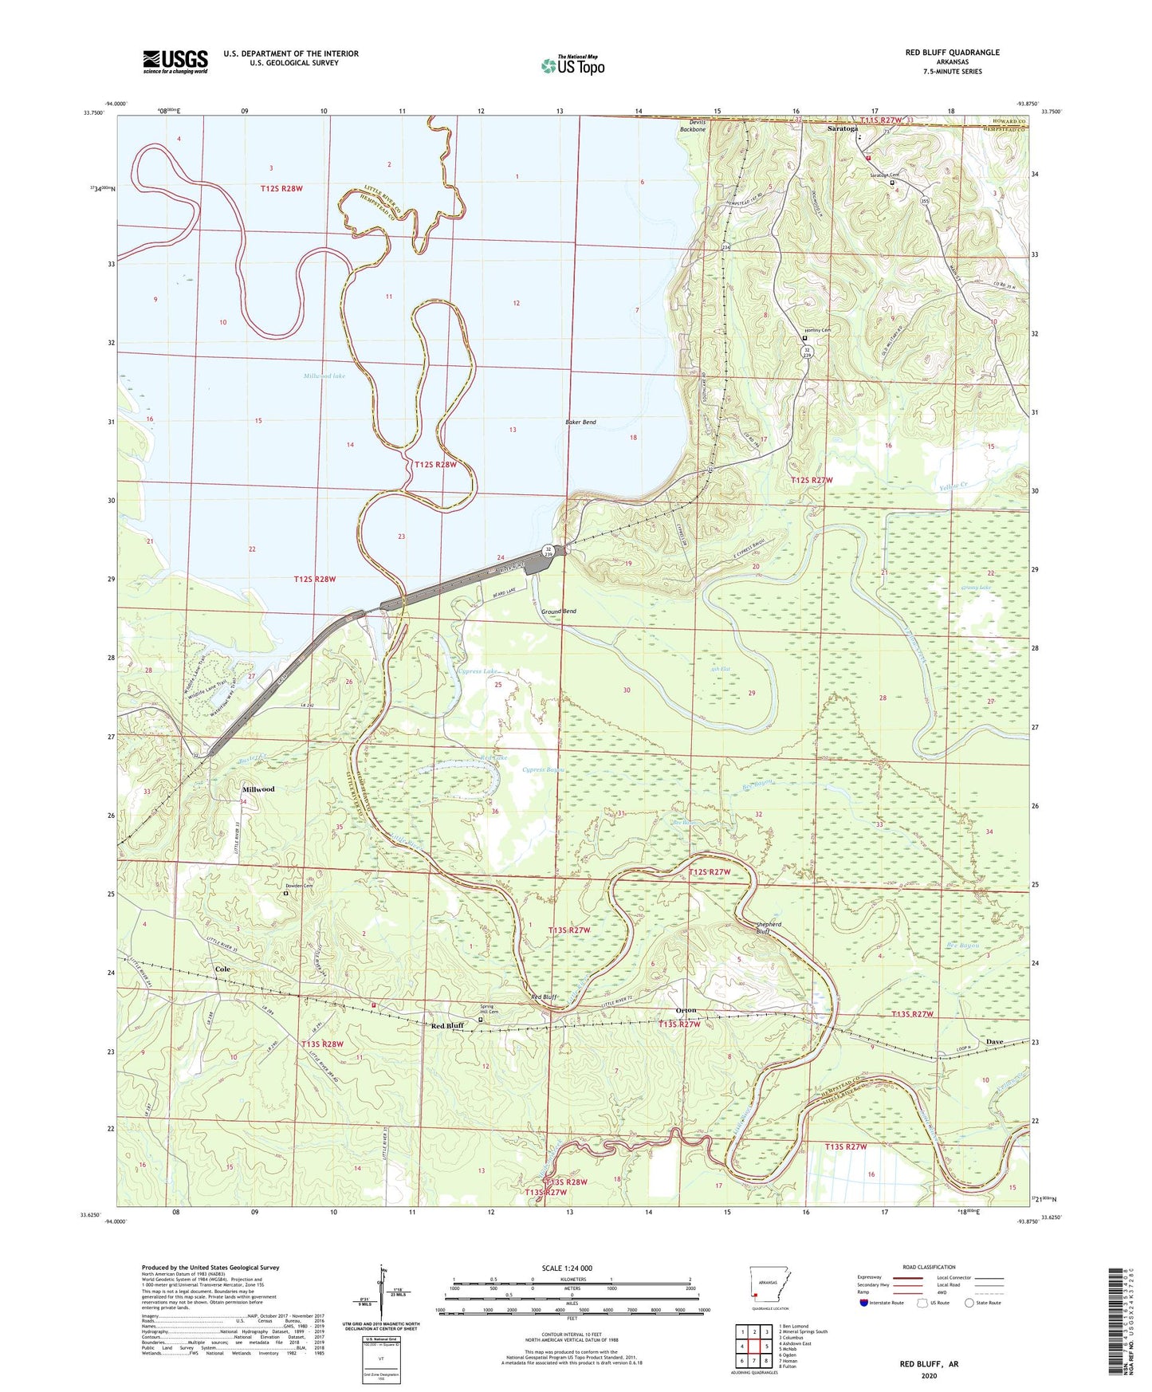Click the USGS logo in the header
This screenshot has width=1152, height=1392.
(x=175, y=61)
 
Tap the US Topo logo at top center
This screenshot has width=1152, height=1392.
(x=572, y=65)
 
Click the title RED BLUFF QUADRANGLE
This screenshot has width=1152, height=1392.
(x=952, y=53)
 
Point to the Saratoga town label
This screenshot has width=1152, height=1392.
(x=843, y=128)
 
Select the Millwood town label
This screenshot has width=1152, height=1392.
(x=258, y=789)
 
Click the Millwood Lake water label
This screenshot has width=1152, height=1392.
(x=324, y=376)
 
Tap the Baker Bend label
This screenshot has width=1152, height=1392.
(x=580, y=422)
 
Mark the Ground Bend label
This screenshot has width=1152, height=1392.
(x=559, y=611)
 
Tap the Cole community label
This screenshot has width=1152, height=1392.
(x=222, y=969)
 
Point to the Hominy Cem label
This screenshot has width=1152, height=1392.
(x=817, y=330)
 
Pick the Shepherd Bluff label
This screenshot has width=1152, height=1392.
(x=768, y=928)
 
